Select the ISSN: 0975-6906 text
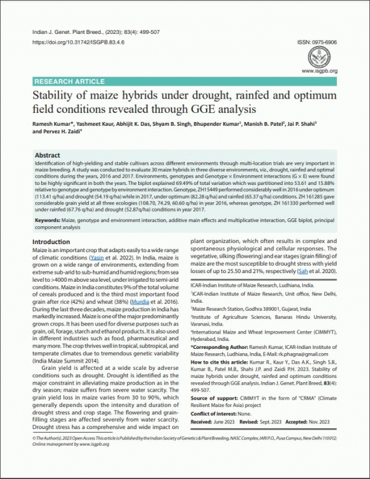(317, 42)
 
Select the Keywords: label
(51, 221)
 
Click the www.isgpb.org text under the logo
(319, 71)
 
